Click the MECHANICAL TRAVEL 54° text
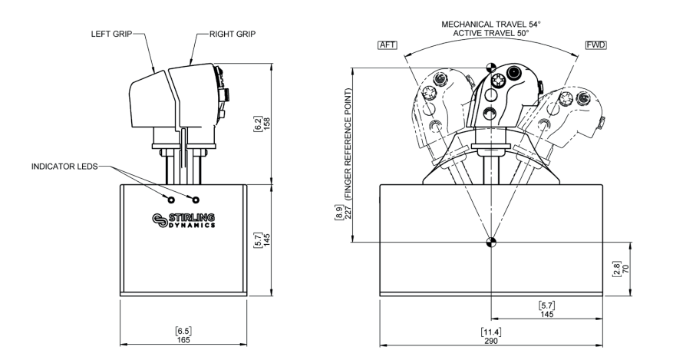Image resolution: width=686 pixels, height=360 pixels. [491, 25]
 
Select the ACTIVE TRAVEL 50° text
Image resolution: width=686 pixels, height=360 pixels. [491, 34]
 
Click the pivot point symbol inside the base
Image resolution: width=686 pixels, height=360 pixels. [490, 244]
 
